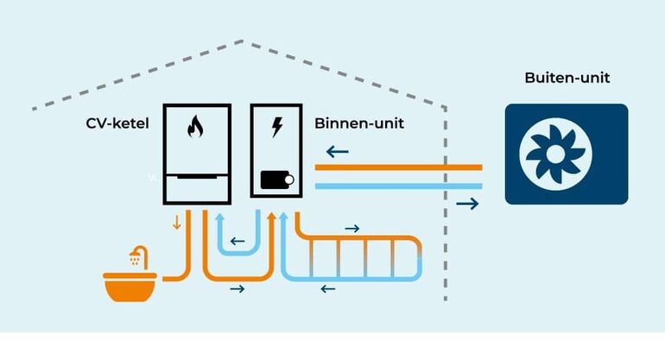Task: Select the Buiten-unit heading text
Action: point(567,78)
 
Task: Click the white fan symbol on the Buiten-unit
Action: point(555,155)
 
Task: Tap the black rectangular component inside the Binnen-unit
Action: point(277,180)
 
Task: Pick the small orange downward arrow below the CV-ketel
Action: point(178,223)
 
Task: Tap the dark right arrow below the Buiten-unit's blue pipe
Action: point(466,204)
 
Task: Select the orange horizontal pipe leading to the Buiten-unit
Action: point(397,167)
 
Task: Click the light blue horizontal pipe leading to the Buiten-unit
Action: point(397,185)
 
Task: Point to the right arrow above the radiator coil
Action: point(351,228)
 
